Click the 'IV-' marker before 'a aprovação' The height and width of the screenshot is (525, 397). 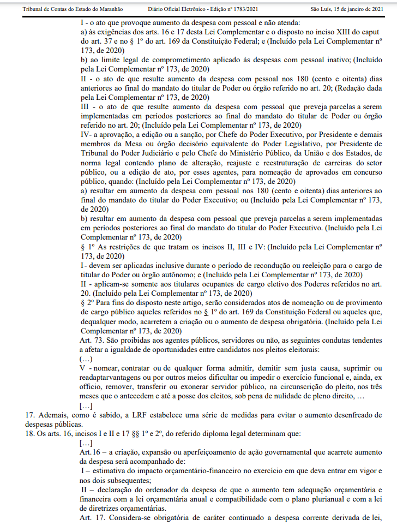click(x=87, y=133)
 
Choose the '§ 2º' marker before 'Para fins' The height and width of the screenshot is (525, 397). click(x=87, y=302)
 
